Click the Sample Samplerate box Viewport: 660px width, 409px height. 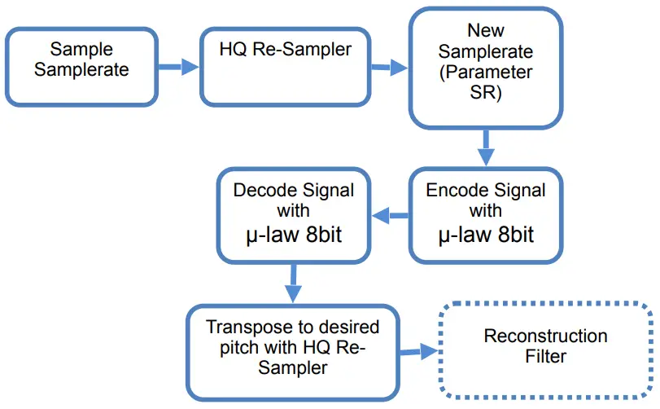click(x=81, y=66)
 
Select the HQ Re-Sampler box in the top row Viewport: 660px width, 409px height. click(x=285, y=66)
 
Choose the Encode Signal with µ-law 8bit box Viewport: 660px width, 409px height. click(x=486, y=215)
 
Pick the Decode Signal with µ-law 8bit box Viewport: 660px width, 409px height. click(x=293, y=215)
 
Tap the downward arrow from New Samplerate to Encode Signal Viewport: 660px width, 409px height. click(x=487, y=147)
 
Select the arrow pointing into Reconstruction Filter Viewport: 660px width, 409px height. click(x=418, y=352)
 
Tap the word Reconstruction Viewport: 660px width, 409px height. click(x=545, y=336)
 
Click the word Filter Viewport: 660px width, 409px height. click(x=545, y=357)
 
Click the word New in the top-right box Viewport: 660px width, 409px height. click(x=486, y=31)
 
